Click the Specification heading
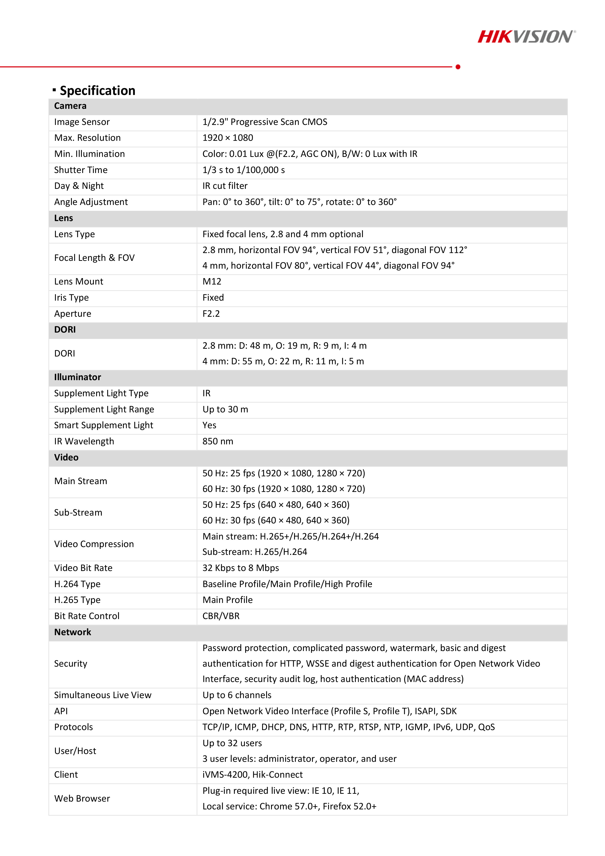click(97, 91)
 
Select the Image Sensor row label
click(82, 122)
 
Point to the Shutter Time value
click(243, 170)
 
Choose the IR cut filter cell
click(225, 186)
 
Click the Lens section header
click(64, 218)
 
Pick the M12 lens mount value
click(212, 282)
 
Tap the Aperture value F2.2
click(211, 314)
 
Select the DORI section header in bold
click(65, 330)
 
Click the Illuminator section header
click(78, 377)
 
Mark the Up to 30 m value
click(225, 409)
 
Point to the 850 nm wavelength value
click(218, 441)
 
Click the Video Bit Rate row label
click(83, 568)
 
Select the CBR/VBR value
click(221, 616)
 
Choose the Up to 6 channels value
click(237, 695)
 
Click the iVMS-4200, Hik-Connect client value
click(252, 775)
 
